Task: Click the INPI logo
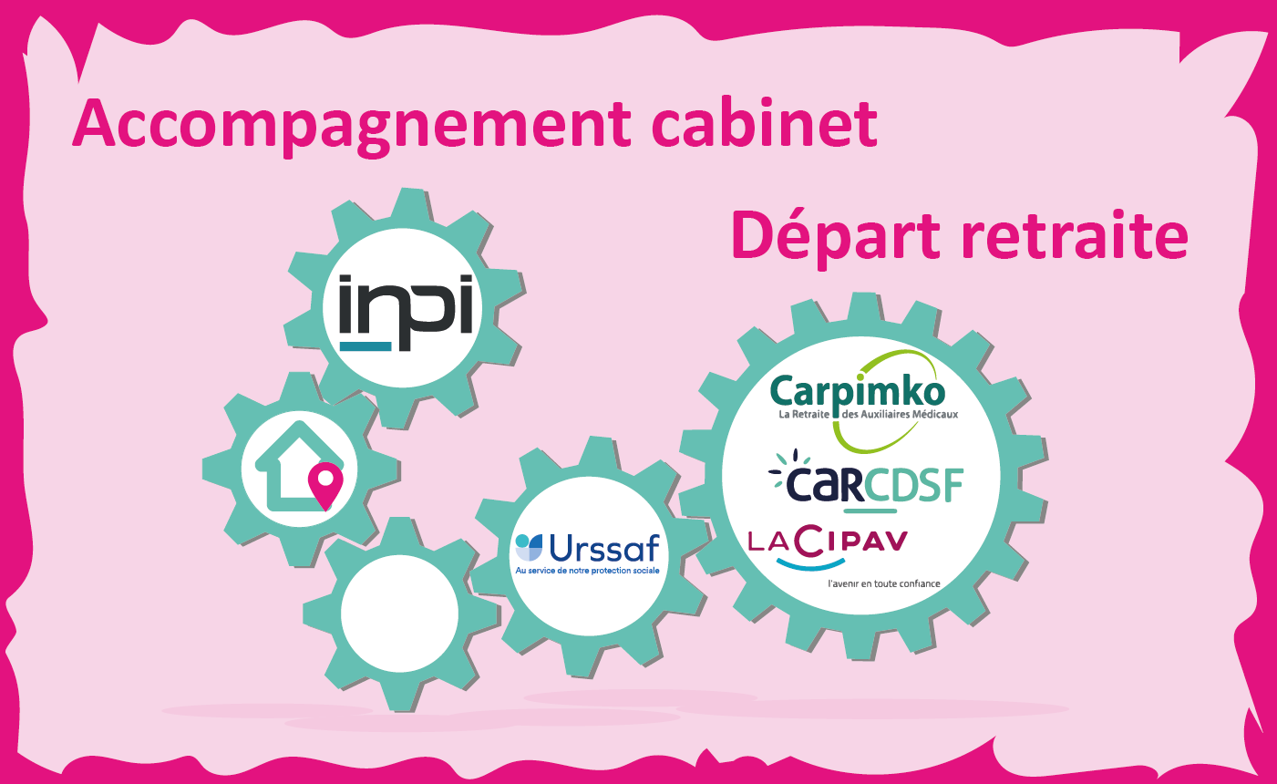(407, 311)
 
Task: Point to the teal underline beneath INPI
(366, 346)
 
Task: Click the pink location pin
(325, 484)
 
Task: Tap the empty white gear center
(399, 612)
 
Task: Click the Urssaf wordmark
(604, 548)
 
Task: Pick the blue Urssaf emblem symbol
(529, 547)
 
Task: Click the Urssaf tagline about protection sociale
(587, 571)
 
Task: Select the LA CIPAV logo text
(828, 542)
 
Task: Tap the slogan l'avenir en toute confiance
(883, 583)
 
